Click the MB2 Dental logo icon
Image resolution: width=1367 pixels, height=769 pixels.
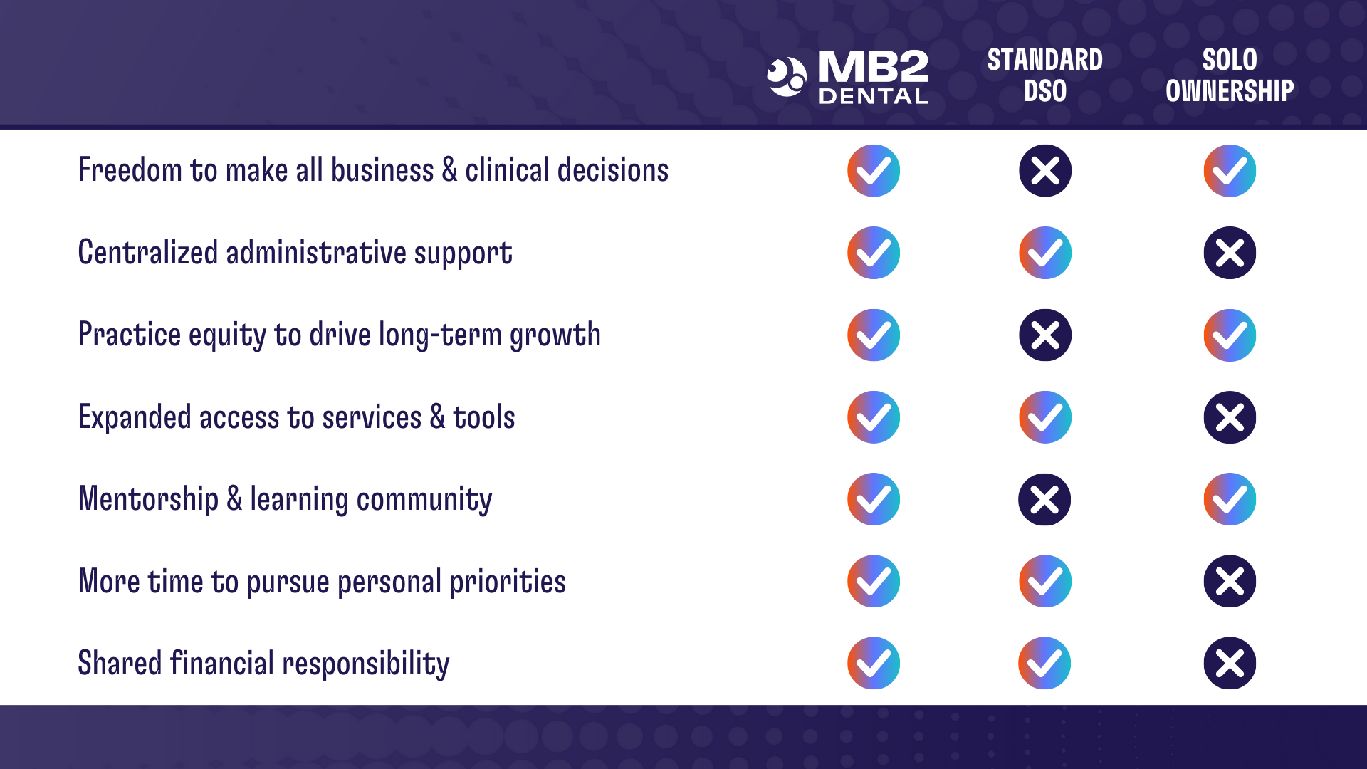[787, 77]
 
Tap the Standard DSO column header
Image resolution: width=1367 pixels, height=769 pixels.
[1044, 75]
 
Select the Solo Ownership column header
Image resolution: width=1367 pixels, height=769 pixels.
[1230, 75]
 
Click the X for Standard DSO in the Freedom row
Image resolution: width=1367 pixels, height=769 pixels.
[1044, 171]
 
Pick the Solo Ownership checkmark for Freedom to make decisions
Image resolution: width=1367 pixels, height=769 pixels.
[1230, 171]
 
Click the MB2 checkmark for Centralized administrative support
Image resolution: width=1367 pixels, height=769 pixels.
[874, 253]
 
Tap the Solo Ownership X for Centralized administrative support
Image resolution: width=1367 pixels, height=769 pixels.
[1230, 253]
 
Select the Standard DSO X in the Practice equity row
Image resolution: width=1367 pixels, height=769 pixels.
[1044, 335]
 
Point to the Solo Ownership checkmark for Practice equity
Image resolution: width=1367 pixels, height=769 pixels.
[1230, 335]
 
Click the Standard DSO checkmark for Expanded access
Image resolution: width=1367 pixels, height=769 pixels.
[1044, 417]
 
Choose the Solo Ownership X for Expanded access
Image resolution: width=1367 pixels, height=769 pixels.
[1230, 417]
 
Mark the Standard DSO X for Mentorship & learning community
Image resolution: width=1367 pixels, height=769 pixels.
[1044, 499]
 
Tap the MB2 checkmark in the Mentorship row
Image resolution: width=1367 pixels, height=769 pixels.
[874, 499]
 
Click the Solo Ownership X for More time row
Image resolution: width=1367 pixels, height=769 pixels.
[1230, 581]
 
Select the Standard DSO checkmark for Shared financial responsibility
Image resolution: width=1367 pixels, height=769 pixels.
[1044, 663]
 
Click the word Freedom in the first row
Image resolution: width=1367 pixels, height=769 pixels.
[130, 170]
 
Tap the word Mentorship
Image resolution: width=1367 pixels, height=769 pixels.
[148, 498]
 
